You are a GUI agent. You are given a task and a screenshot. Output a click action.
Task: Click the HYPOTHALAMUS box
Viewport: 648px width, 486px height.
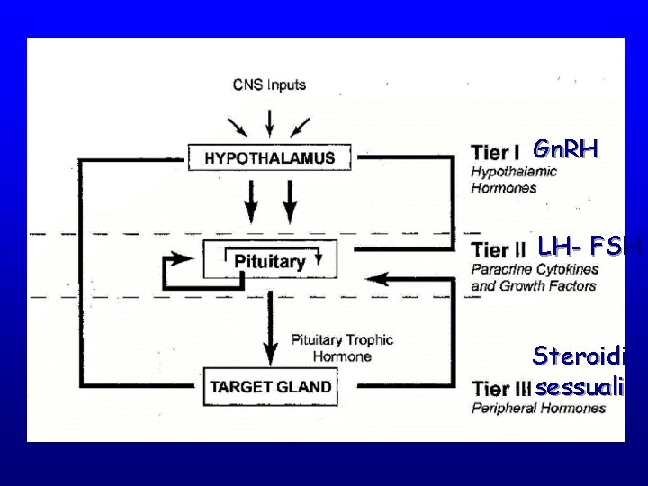coord(270,157)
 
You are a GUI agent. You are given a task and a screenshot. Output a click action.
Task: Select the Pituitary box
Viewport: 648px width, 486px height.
coord(270,261)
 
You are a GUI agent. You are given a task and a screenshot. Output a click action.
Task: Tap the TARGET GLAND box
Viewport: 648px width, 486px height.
coord(270,388)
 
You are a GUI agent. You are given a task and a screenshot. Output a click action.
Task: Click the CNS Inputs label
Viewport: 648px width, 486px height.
coord(269,85)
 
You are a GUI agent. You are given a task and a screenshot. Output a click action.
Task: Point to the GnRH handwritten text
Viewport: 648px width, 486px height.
coord(564,148)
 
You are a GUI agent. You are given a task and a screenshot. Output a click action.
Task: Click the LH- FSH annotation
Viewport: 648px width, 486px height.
coord(588,246)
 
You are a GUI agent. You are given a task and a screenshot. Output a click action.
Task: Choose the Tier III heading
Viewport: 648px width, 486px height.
coord(502,390)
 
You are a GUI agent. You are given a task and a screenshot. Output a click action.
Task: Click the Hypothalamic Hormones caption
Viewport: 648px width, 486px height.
coord(514,180)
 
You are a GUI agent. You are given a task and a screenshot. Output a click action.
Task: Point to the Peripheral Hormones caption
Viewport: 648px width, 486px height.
coord(538,408)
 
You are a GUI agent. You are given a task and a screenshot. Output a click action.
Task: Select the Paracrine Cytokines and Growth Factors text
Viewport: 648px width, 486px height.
coord(534,277)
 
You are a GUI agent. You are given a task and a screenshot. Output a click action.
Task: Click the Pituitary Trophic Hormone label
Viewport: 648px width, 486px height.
coord(342,347)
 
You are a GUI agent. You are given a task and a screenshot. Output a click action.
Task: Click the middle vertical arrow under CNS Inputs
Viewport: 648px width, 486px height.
coord(268,122)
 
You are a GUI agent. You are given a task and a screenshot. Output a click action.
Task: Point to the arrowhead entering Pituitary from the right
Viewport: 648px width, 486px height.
coord(379,280)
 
